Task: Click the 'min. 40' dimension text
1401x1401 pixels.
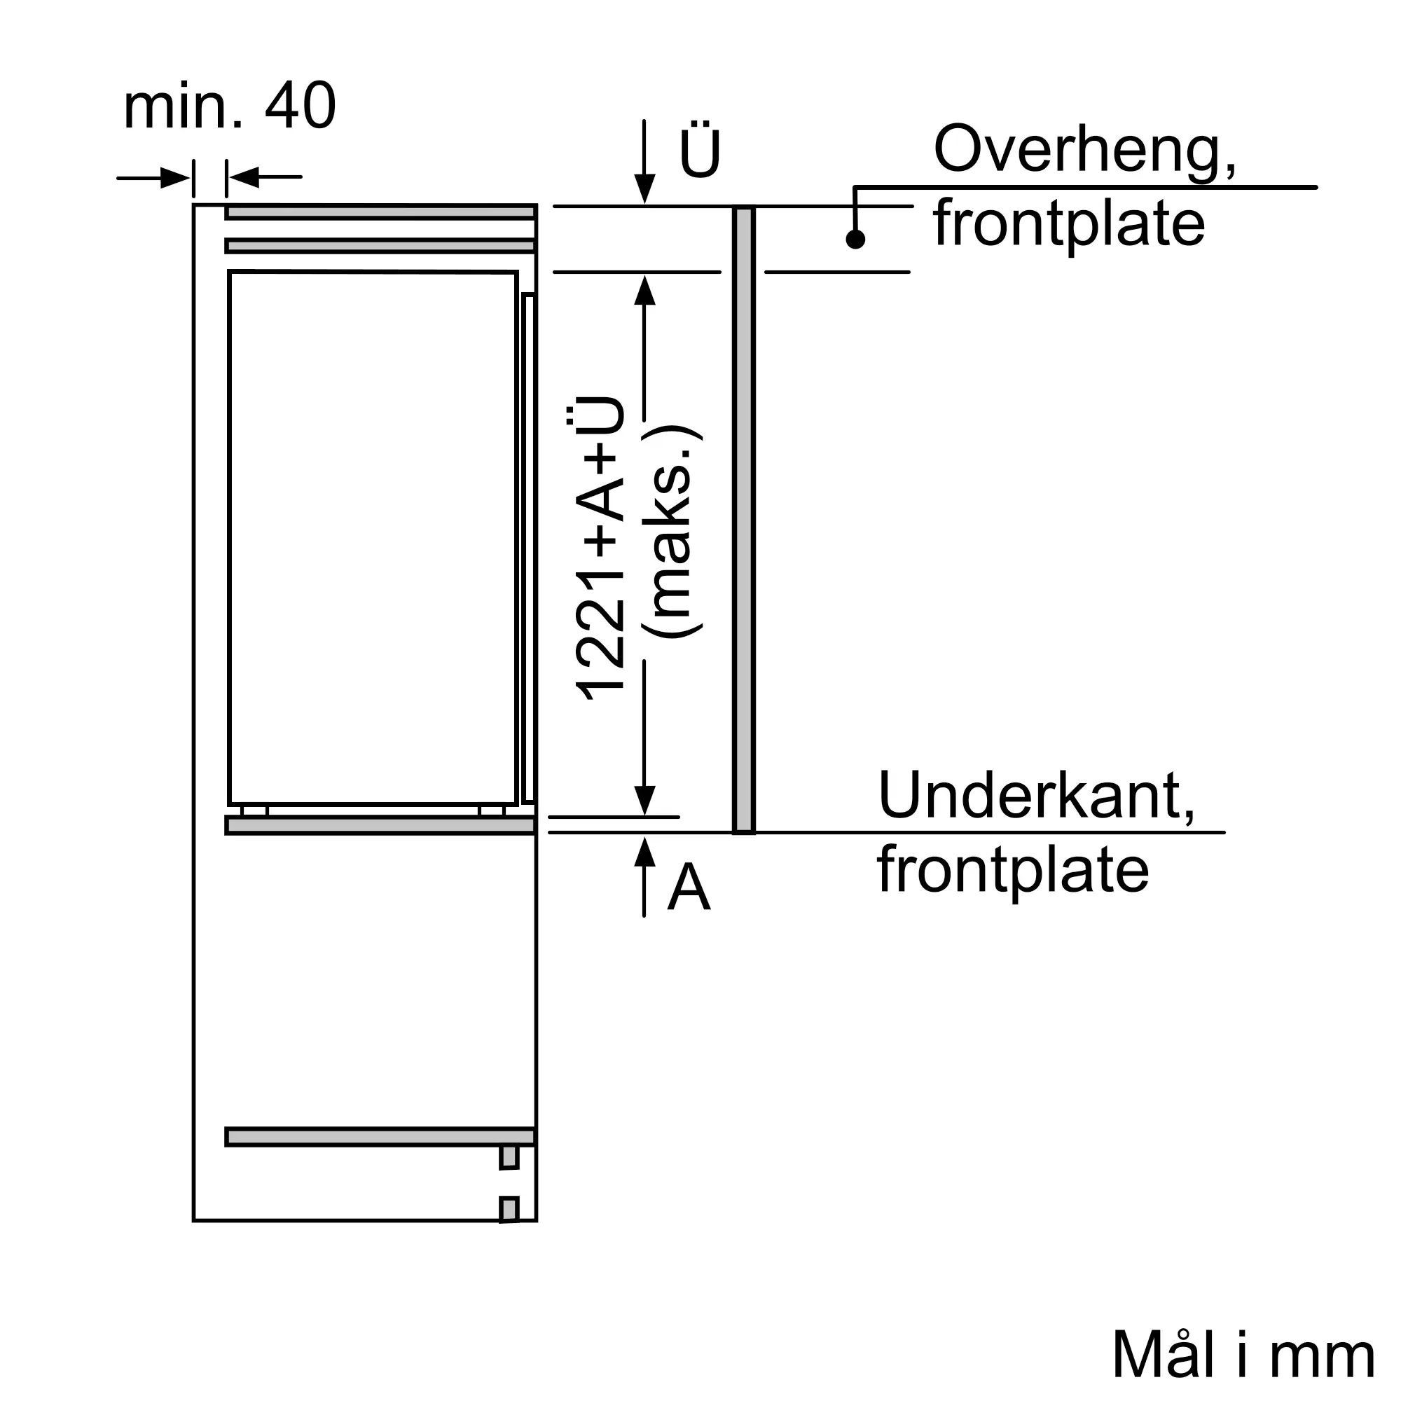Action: point(229,106)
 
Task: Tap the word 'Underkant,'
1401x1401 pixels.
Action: point(1036,796)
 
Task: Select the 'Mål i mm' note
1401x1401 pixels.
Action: point(1243,1354)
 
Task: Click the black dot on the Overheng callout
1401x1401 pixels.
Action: point(856,240)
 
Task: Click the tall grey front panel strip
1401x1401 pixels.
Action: point(744,519)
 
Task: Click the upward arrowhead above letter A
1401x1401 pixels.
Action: point(644,851)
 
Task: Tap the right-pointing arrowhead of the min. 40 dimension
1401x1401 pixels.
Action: point(176,178)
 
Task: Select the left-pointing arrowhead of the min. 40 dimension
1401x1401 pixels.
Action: point(244,177)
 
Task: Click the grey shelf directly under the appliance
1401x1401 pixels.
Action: point(380,825)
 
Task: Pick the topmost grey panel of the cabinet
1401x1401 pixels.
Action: point(380,212)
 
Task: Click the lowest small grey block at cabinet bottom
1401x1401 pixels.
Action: point(509,1210)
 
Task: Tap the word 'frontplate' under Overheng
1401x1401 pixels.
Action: point(1069,223)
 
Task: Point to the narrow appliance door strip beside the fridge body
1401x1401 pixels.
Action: point(529,548)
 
